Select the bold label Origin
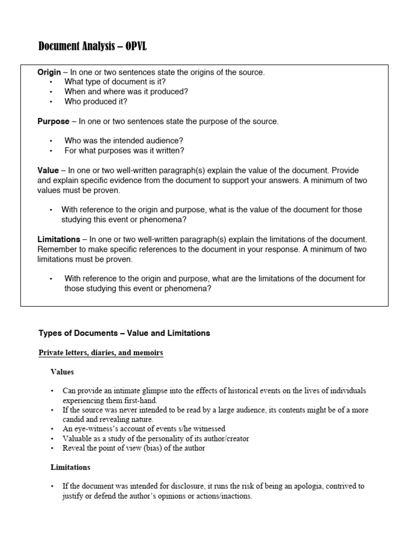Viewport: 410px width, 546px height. click(x=49, y=72)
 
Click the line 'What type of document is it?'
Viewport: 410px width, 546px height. click(x=115, y=82)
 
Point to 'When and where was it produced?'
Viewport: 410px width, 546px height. click(x=126, y=91)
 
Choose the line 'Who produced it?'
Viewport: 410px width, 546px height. click(x=96, y=101)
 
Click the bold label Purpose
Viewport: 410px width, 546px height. click(x=53, y=121)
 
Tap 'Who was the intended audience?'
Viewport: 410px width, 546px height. click(x=124, y=141)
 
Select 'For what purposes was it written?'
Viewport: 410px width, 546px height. click(x=124, y=150)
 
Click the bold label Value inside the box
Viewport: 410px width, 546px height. click(x=48, y=170)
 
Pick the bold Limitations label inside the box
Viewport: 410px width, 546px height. click(x=59, y=239)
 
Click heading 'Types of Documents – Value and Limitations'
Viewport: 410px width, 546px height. click(x=124, y=333)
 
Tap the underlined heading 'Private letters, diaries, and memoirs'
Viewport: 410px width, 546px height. click(x=101, y=353)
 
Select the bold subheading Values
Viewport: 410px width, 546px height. click(x=62, y=372)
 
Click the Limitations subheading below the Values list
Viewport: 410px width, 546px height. click(x=70, y=467)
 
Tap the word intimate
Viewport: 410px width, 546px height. click(x=126, y=391)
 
